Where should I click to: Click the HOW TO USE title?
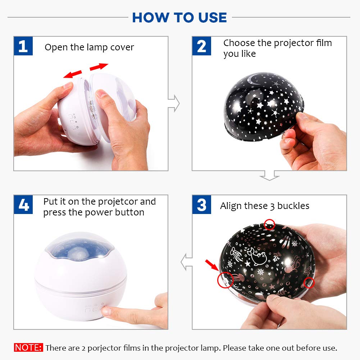[x=179, y=17]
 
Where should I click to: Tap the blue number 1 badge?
[x=23, y=46]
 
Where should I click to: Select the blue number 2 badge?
[x=201, y=46]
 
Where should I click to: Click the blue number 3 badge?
[x=201, y=205]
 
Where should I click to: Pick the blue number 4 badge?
[x=23, y=205]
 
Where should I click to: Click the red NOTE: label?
[x=28, y=348]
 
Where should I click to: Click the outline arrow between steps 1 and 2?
[x=174, y=104]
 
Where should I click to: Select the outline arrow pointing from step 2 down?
[x=269, y=176]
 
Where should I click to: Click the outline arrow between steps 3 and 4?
[x=186, y=261]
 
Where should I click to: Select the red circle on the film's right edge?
[x=309, y=283]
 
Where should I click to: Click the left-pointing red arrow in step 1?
[x=72, y=74]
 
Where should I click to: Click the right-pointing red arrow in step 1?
[x=99, y=67]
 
